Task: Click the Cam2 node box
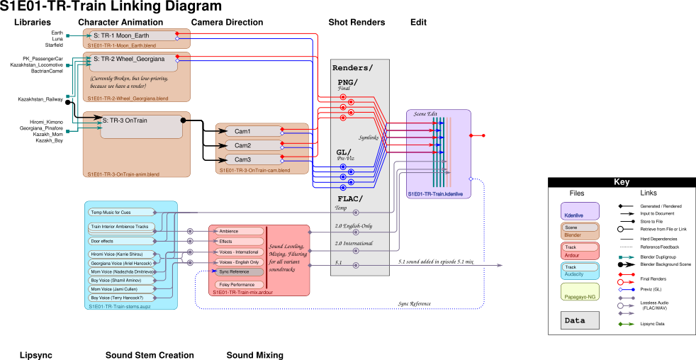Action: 252,145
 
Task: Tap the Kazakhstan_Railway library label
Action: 40,100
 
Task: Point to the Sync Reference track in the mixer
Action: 240,272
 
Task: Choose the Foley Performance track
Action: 239,285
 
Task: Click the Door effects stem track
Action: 121,241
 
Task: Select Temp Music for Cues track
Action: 121,213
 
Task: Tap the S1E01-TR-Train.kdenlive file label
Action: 435,193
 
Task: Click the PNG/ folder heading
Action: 347,82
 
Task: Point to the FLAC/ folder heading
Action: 350,199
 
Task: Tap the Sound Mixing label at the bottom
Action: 254,355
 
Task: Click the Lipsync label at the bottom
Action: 35,355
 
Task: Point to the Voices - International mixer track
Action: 239,252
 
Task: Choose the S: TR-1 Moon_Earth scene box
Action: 131,36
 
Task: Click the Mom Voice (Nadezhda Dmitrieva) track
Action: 121,271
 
